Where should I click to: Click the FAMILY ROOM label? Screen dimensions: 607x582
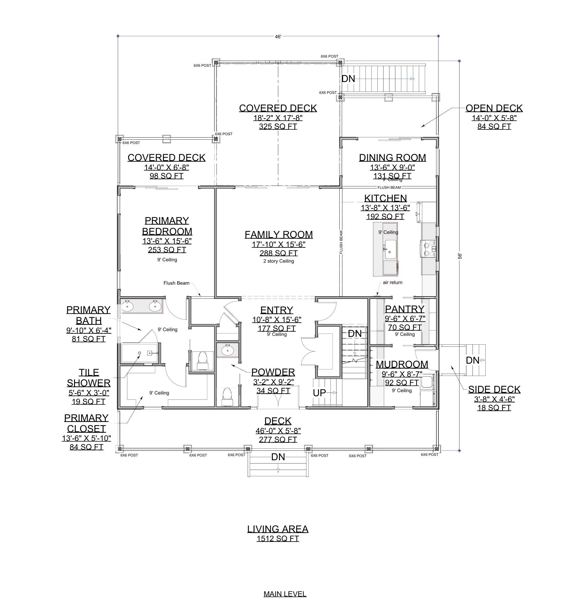pos(279,235)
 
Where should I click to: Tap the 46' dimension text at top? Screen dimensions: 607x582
pos(278,37)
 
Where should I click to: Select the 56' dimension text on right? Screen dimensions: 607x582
pos(460,256)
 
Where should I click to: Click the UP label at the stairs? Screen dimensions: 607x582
pos(319,393)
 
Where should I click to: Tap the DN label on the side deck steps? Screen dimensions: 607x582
pos(472,360)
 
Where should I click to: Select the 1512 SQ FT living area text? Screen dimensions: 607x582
pos(278,539)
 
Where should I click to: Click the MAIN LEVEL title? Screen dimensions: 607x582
pos(285,594)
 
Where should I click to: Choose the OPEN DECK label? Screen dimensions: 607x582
pos(494,108)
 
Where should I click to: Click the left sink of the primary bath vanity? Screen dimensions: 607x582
pos(128,306)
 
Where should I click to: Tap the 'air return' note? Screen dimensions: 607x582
pos(393,282)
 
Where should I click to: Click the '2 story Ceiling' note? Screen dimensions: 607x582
pos(279,261)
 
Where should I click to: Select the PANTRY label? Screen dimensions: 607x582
pos(405,309)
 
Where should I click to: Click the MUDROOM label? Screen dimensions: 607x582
pos(402,364)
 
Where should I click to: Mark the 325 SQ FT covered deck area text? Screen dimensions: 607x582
pos(278,126)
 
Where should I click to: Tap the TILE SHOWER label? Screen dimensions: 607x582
pos(89,378)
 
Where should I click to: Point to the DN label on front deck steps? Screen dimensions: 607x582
pos(278,457)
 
